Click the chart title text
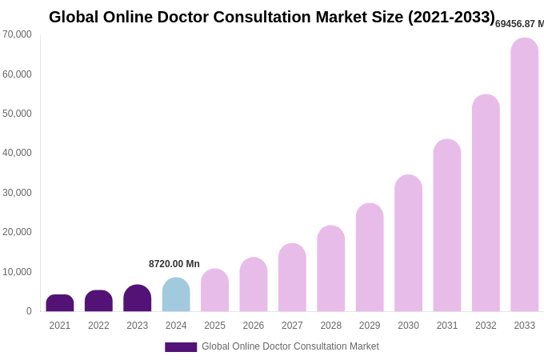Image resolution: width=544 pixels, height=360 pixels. [272, 17]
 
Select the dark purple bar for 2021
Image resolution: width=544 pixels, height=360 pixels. [60, 303]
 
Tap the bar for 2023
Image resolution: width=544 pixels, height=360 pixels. [138, 298]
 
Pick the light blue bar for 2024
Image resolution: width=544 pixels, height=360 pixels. [176, 295]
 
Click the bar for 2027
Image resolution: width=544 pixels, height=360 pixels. [292, 278]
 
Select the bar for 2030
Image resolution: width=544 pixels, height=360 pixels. [408, 243]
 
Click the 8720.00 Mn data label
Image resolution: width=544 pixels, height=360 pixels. [174, 264]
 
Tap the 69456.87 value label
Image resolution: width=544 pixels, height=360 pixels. [519, 24]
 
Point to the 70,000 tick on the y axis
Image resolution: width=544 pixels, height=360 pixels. [17, 34]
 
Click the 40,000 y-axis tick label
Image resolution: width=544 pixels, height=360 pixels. [17, 153]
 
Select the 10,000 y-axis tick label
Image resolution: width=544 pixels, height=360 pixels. [17, 272]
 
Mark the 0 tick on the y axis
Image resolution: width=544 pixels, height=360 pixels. [29, 311]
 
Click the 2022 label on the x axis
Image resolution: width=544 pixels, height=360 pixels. [98, 326]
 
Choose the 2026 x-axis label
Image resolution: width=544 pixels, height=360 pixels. [254, 326]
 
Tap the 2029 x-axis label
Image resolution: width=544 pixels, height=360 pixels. [370, 326]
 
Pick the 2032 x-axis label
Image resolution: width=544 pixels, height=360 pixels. [486, 326]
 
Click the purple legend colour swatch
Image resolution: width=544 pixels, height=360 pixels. [181, 347]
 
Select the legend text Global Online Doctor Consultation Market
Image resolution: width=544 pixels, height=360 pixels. [290, 346]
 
